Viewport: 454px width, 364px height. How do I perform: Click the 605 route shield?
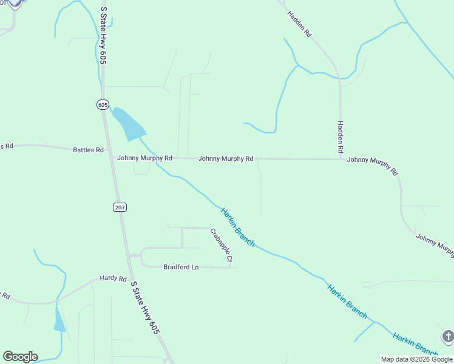(102, 104)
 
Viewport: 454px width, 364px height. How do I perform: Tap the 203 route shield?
(120, 207)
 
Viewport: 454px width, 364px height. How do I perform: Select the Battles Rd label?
(88, 149)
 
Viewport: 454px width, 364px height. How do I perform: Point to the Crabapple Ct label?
(222, 246)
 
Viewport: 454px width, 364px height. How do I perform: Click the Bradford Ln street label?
(181, 267)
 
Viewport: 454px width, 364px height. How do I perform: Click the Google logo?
(20, 357)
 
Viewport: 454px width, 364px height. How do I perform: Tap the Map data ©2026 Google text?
(416, 359)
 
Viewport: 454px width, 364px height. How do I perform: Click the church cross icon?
(447, 336)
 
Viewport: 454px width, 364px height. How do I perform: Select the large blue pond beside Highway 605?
(129, 124)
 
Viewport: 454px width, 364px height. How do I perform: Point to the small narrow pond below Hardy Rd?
(59, 320)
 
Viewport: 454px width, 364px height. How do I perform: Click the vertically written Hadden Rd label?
(340, 136)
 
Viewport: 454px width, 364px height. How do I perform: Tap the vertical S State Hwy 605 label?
(103, 36)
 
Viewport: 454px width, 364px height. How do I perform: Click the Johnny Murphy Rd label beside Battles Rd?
(145, 158)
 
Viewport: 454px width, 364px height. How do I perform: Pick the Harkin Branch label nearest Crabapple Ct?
(237, 227)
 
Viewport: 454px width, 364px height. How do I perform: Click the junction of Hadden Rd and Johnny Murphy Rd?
(340, 160)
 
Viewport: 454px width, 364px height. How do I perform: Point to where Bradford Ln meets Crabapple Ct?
(230, 267)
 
